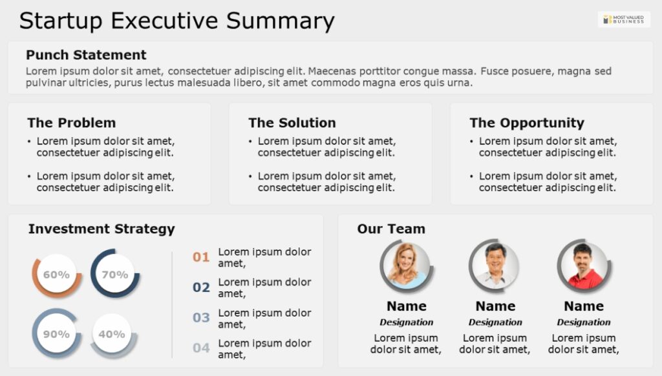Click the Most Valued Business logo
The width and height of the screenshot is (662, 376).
[x=624, y=19]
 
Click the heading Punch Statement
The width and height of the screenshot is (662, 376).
[x=86, y=55]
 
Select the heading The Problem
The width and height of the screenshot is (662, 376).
[x=71, y=123]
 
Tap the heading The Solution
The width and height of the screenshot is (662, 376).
[x=292, y=123]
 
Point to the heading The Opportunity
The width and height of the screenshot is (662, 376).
[x=527, y=123]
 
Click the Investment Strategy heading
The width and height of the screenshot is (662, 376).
[x=101, y=229]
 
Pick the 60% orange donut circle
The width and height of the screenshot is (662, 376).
[x=57, y=275]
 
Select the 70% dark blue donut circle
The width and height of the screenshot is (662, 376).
[x=115, y=274]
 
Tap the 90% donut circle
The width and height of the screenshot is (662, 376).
[x=57, y=334]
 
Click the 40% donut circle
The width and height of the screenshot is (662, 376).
[x=112, y=335]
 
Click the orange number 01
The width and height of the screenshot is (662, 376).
[x=201, y=257]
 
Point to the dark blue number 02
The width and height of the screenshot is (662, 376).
[x=201, y=287]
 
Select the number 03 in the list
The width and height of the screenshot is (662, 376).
[x=201, y=317]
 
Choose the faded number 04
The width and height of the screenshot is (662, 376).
[x=201, y=348]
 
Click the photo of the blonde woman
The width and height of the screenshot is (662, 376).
[x=406, y=266]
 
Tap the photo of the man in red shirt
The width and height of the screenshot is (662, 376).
[x=584, y=266]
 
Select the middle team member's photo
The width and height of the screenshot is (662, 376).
[x=495, y=266]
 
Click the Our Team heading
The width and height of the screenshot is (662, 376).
[x=391, y=229]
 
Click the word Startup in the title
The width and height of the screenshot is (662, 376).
[x=61, y=21]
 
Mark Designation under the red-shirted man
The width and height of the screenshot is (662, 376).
[x=584, y=322]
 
